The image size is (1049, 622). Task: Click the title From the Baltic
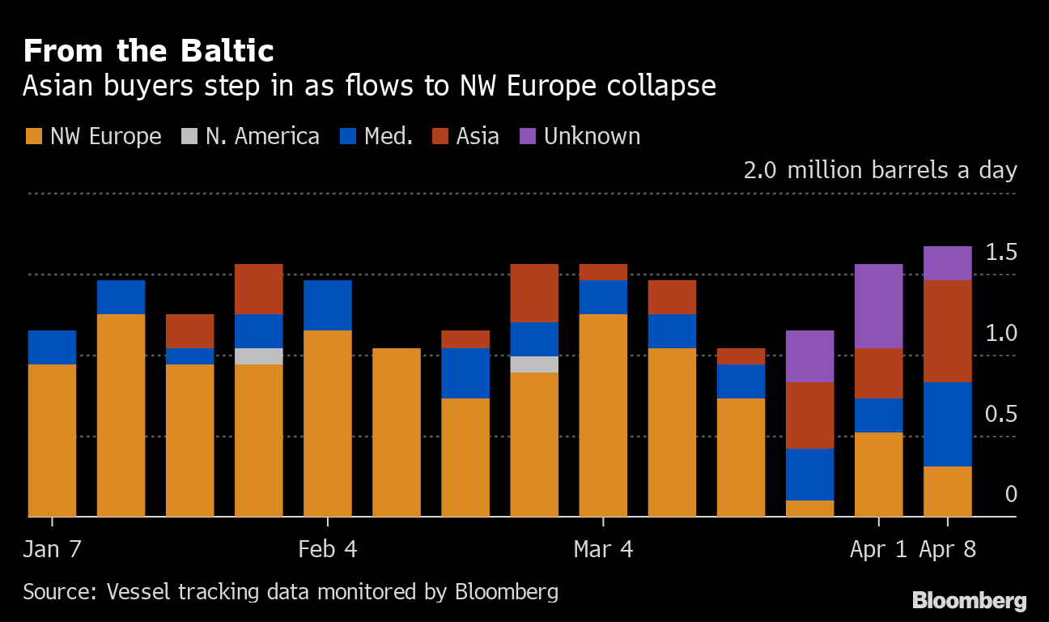click(x=148, y=51)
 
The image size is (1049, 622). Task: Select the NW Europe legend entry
click(x=94, y=136)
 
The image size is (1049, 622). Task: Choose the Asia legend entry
click(x=465, y=136)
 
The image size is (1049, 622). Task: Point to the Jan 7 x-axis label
click(x=52, y=550)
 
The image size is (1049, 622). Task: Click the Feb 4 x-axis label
click(x=327, y=550)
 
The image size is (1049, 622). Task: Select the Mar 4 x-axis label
click(x=603, y=550)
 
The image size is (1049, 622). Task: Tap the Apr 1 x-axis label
click(x=878, y=550)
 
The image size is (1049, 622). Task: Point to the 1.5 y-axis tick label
click(x=1000, y=253)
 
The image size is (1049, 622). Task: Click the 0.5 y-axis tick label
click(x=1000, y=415)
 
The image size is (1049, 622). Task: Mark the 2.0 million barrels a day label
click(x=880, y=171)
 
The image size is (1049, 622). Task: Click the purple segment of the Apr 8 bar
click(x=947, y=263)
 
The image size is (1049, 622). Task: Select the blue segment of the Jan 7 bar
click(x=52, y=347)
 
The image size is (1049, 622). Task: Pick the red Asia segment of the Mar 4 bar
click(x=603, y=272)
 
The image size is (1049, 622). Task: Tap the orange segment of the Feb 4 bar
click(x=327, y=423)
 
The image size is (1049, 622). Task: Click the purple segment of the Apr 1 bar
click(x=878, y=306)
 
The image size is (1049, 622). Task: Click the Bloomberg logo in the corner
click(x=969, y=601)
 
